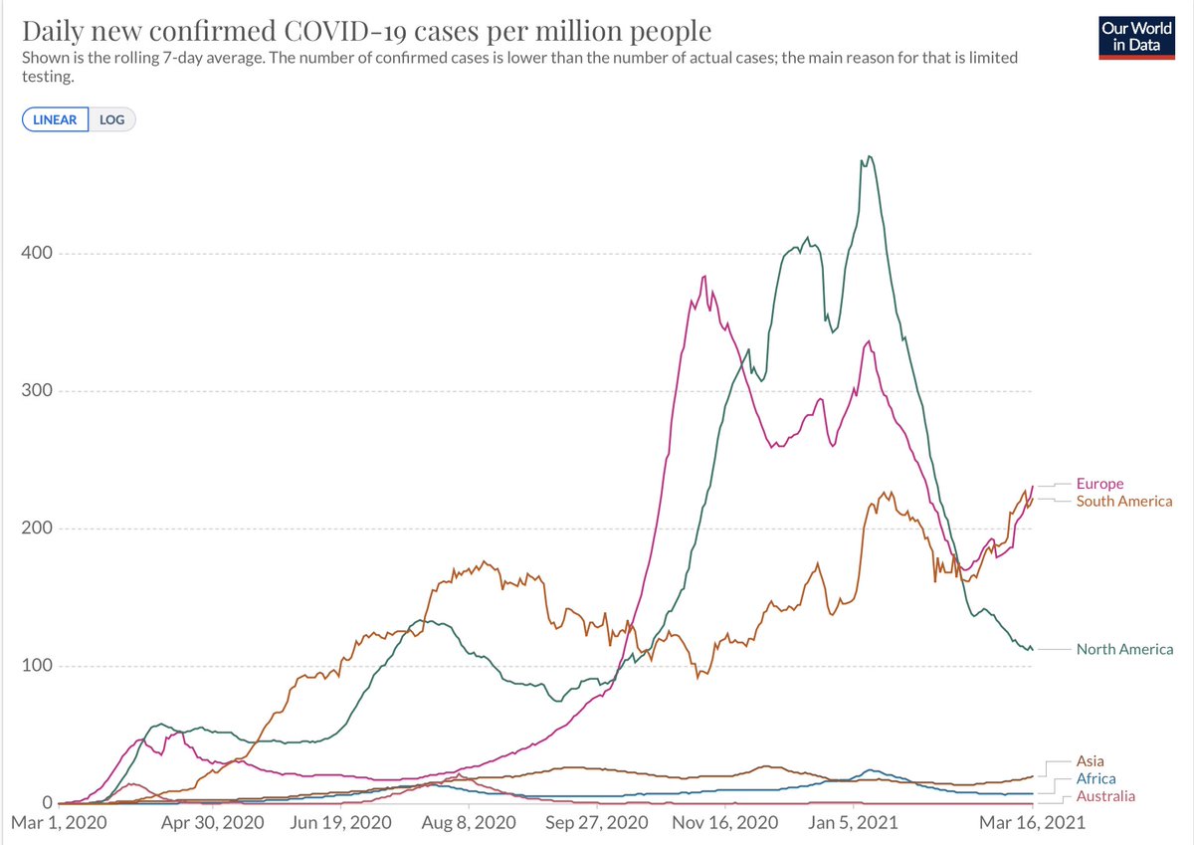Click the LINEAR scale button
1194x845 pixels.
(x=56, y=119)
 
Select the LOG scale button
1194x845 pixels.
(x=112, y=119)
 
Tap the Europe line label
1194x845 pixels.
(x=1099, y=484)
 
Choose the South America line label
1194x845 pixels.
(x=1124, y=501)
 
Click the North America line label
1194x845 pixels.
(x=1124, y=649)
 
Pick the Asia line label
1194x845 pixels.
(x=1091, y=761)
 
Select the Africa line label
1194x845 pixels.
(x=1095, y=778)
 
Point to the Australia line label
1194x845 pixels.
(x=1105, y=795)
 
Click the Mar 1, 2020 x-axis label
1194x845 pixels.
(x=60, y=823)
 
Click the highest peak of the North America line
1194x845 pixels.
(x=870, y=156)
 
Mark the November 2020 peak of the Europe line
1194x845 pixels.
(x=704, y=277)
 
